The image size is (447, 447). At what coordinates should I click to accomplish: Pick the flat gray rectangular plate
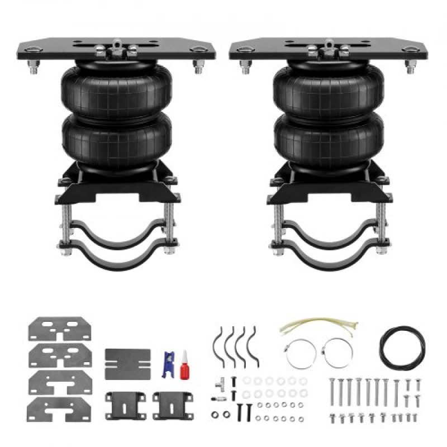point(127,363)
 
